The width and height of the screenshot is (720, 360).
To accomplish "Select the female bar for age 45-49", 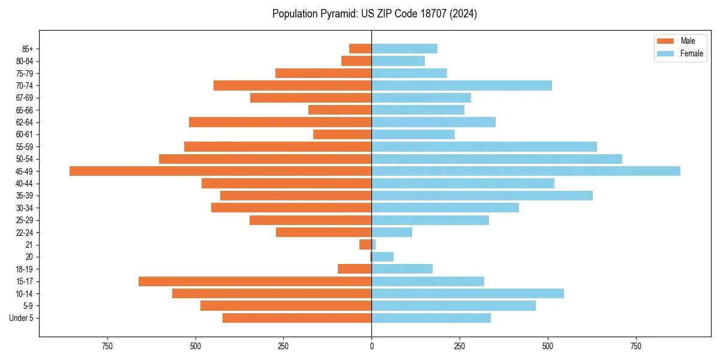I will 526,171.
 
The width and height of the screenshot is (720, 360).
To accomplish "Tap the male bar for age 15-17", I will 255,281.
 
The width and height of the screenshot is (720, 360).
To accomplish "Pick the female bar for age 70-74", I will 461,85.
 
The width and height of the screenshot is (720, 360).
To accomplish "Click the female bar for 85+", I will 404,49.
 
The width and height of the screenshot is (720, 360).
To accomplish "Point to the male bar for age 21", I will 365,245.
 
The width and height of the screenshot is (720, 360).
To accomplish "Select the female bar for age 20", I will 383,257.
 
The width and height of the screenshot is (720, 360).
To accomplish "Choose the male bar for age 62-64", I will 280,122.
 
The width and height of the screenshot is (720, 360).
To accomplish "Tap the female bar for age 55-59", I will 484,146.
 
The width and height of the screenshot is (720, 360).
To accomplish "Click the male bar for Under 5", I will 297,318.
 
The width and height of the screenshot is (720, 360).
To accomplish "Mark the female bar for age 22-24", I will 392,232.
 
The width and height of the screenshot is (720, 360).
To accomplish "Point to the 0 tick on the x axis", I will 371,346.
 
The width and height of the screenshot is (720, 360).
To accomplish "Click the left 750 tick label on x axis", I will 107,346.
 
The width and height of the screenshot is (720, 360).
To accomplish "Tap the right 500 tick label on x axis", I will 548,346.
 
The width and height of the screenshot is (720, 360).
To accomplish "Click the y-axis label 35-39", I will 25,196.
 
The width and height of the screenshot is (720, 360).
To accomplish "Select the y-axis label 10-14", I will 25,293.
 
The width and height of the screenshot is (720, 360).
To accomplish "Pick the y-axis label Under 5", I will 22,318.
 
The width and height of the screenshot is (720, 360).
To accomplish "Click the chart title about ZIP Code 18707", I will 374,14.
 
